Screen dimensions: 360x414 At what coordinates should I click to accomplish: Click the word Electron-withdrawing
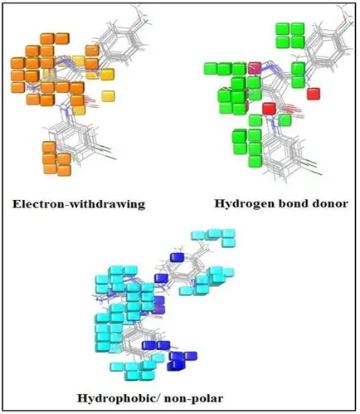click(79, 204)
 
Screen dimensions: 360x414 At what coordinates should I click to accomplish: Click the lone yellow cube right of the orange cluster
click(108, 96)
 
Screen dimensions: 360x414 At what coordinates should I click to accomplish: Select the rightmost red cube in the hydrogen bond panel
click(314, 94)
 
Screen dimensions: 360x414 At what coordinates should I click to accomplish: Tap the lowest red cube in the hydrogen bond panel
click(270, 109)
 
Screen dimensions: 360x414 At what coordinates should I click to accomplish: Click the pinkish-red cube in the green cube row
click(255, 68)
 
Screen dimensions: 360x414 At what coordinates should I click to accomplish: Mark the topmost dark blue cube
click(177, 257)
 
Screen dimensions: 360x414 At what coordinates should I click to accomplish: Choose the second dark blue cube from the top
click(162, 278)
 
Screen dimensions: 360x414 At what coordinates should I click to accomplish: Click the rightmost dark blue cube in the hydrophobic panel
click(191, 356)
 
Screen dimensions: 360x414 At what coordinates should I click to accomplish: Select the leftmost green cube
click(211, 69)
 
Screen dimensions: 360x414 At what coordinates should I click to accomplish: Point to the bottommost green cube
click(255, 162)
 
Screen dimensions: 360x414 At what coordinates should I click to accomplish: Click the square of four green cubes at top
click(290, 36)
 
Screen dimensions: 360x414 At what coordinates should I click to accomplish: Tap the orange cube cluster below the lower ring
click(56, 158)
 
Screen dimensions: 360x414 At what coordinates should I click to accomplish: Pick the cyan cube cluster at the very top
click(214, 237)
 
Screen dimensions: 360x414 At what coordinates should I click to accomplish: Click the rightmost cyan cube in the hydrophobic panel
click(229, 272)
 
